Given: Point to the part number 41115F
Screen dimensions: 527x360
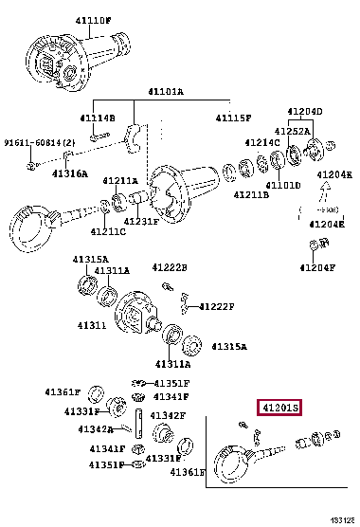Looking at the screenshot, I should click(233, 118).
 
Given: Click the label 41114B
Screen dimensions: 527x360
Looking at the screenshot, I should click(97, 118).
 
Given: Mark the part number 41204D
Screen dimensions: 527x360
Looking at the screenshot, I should click(306, 111).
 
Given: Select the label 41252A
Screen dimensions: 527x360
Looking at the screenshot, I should click(293, 131).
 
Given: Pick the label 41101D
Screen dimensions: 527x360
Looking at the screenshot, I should click(281, 185).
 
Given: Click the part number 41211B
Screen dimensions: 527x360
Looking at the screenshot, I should click(251, 194).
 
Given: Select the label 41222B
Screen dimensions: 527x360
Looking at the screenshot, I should click(171, 268).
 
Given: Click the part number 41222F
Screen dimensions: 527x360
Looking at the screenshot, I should click(216, 306).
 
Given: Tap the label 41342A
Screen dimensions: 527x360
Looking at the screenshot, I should click(97, 429).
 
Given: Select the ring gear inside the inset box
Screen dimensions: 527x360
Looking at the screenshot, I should click(231, 463).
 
